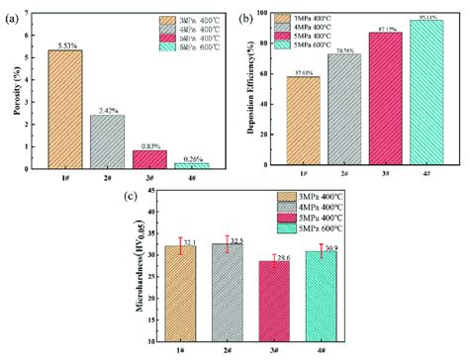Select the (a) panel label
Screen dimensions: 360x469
(13, 11)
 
